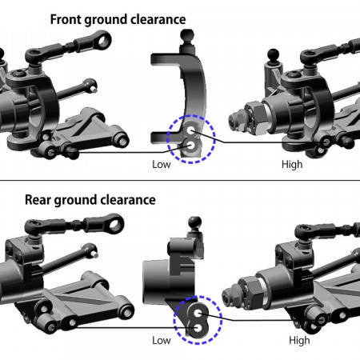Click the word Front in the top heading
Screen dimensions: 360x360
point(66,19)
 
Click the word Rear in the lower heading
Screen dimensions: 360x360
point(38,200)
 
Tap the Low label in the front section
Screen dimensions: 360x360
point(162,164)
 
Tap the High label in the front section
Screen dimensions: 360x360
point(292,164)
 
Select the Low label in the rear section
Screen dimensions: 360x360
point(162,340)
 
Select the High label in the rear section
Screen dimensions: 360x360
point(299,340)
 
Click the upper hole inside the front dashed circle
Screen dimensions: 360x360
point(191,130)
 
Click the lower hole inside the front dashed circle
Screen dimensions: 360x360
point(191,146)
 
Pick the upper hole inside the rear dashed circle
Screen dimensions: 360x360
point(198,314)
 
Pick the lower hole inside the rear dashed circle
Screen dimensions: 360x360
point(198,327)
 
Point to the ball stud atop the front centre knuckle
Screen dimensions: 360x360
point(187,35)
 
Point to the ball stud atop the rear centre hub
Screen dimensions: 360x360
point(195,223)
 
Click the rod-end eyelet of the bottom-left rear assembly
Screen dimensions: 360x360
point(114,222)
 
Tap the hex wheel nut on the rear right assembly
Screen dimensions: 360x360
point(250,293)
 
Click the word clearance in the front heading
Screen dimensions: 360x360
point(158,19)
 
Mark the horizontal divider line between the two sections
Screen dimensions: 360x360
point(180,180)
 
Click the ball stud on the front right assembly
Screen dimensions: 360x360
point(273,55)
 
